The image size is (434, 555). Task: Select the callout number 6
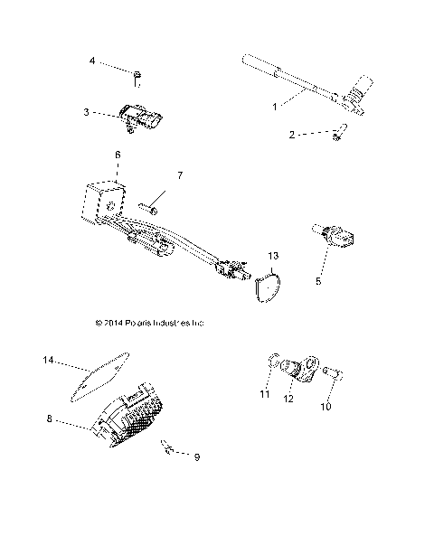tap(117, 155)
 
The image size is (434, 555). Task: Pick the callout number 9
tap(196, 457)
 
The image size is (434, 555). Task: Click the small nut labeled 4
tap(137, 75)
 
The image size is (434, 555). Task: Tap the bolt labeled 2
tap(337, 135)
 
